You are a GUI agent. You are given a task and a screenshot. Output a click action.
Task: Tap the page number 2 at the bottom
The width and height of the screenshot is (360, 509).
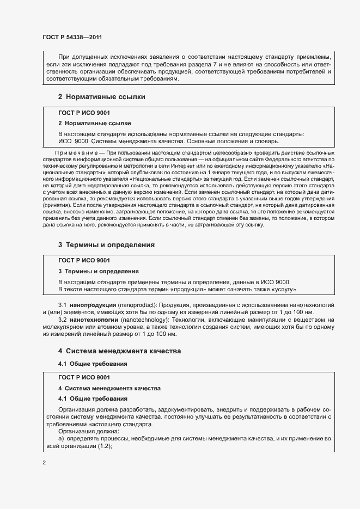coord(44,463)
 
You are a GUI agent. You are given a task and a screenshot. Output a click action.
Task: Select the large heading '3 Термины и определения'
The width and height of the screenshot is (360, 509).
coord(106,245)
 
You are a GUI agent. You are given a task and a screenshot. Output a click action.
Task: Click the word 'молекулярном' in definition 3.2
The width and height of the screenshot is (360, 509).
coord(63,328)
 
